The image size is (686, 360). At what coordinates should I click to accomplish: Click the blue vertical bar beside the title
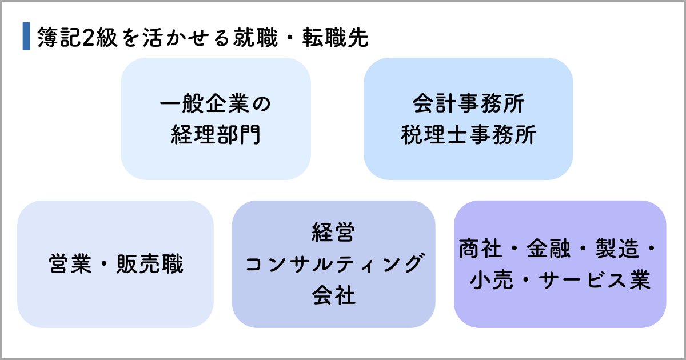tap(26, 37)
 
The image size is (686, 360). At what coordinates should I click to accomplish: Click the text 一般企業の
tap(216, 105)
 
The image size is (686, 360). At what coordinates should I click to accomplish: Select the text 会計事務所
tap(468, 105)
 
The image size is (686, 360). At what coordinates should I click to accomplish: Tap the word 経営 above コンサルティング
tap(333, 233)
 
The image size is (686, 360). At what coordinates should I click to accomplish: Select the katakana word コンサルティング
tap(333, 264)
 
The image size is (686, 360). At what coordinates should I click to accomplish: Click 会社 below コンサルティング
tap(333, 295)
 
